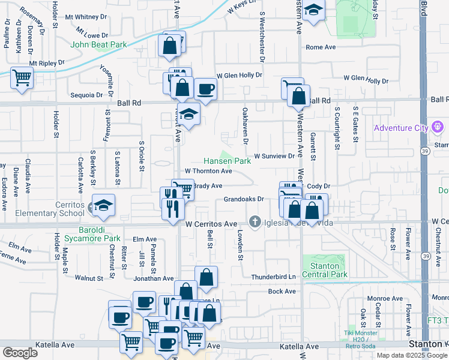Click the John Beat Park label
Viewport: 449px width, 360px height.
coord(98,44)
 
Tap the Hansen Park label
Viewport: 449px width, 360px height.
coord(226,161)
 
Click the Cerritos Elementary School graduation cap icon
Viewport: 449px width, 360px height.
coord(103,205)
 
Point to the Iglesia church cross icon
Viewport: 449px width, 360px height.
coord(256,223)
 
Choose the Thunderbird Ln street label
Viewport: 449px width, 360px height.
coord(274,277)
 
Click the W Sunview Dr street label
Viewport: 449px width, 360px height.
coord(274,156)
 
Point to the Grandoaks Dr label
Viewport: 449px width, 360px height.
coord(244,199)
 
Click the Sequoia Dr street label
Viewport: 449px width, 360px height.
coord(86,95)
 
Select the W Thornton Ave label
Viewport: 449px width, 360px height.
coord(208,171)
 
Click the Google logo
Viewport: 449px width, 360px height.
coord(20,353)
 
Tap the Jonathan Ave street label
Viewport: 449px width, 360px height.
coord(154,278)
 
